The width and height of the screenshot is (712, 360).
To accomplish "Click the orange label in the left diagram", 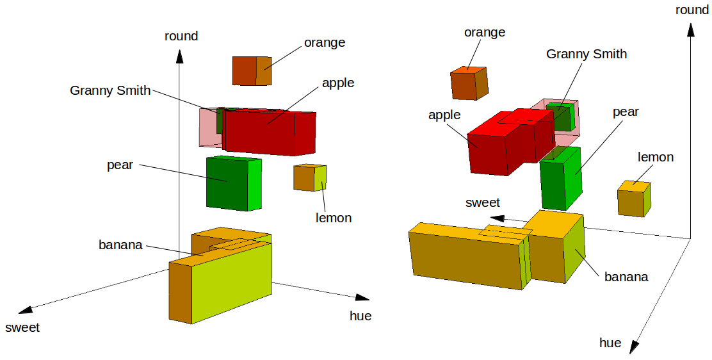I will [x=324, y=43].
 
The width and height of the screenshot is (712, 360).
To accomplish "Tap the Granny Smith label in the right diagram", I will [x=586, y=54].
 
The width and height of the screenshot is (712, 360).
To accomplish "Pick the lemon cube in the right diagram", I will [x=634, y=199].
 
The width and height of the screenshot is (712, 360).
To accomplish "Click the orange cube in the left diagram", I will [x=252, y=70].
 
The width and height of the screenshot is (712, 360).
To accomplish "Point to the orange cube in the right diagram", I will [x=469, y=83].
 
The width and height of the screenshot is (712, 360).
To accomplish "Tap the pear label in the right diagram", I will [x=626, y=112].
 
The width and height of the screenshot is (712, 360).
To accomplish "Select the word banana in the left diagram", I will [x=120, y=245].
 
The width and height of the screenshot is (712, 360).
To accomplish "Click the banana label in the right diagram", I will [x=626, y=277].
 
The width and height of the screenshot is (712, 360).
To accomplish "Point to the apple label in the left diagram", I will [x=337, y=83].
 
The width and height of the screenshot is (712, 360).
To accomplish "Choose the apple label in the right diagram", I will [x=444, y=115].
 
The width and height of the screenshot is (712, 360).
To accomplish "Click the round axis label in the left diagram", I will [x=181, y=36].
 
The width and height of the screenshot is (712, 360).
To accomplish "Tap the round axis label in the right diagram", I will [x=692, y=10].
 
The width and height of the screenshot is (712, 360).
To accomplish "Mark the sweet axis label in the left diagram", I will [x=22, y=327].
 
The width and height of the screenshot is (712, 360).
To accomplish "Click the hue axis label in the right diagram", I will [x=610, y=343].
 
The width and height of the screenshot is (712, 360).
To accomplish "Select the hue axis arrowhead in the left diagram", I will [x=363, y=297].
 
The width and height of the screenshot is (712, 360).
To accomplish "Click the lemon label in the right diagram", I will [x=656, y=157].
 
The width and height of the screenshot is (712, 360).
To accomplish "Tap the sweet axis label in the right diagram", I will [x=482, y=202].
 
